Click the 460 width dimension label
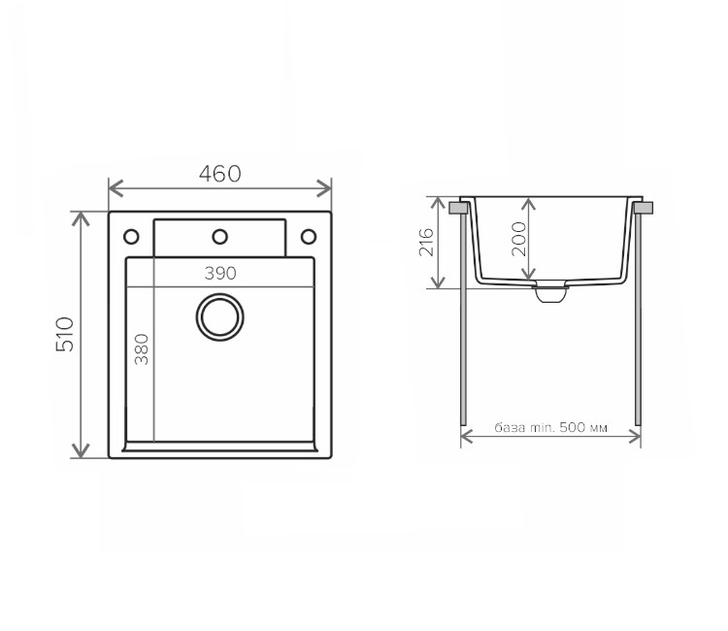pos(220,174)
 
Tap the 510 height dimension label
pos(65,334)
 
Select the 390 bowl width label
pos(220,274)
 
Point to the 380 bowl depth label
pos(142,349)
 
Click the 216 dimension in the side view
pos(426,242)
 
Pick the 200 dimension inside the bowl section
pos(518,239)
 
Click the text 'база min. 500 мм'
pos(550,427)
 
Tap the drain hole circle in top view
pos(220,317)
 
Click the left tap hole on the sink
pos(131,237)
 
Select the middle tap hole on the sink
pos(220,237)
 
